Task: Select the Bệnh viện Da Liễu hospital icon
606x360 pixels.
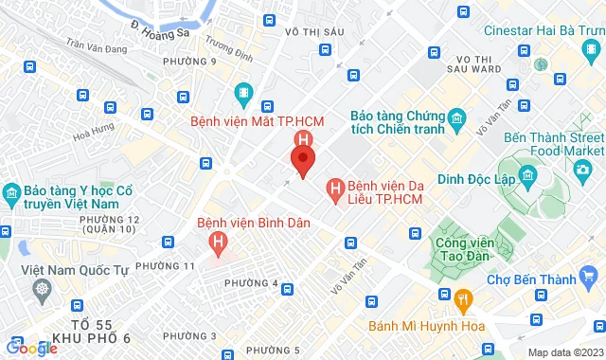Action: point(334,189)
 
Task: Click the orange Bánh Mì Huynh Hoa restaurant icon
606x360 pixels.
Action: point(463,299)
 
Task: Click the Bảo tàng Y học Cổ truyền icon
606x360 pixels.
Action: point(12,195)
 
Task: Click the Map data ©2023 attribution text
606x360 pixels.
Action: point(563,352)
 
